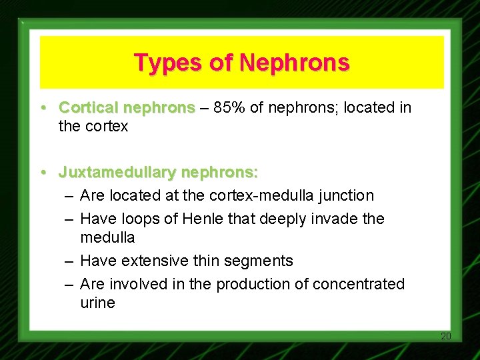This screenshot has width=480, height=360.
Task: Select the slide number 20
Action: pos(446,336)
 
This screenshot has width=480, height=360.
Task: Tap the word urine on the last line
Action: pos(97,303)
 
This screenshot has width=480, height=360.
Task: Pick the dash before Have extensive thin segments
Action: pos(69,261)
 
